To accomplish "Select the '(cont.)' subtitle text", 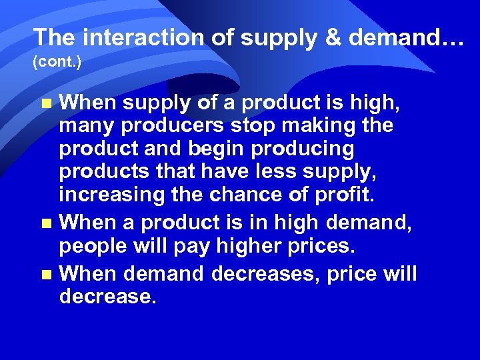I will click(x=57, y=63).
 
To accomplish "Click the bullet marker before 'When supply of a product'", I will click(x=46, y=103).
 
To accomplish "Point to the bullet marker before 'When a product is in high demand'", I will click(x=46, y=222).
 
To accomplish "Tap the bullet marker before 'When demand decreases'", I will click(x=46, y=274).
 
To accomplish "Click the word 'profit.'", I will click(x=347, y=196).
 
